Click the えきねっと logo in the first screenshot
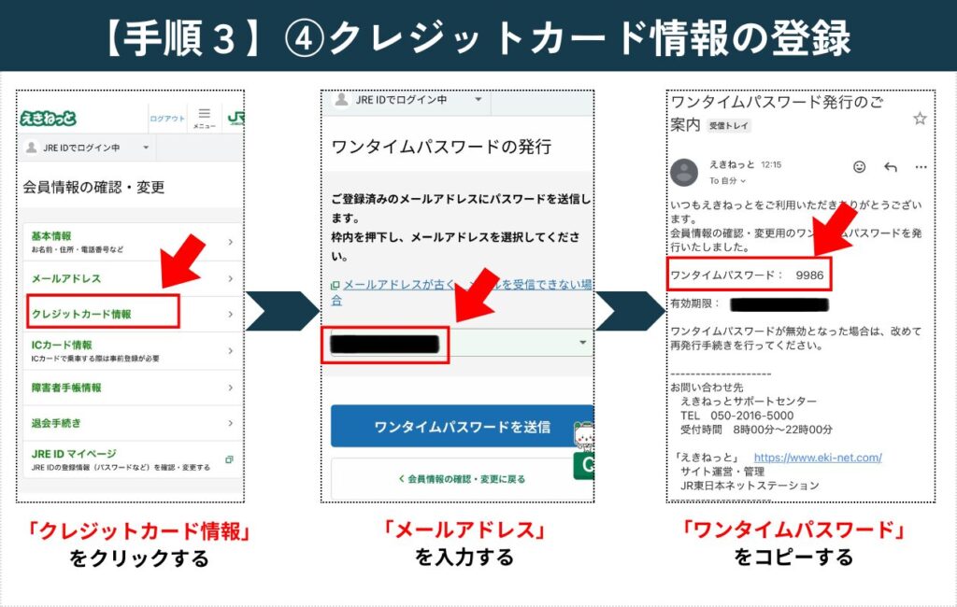point(49,118)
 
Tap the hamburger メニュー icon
point(204,116)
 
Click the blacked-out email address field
point(385,344)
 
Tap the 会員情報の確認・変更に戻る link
point(462,478)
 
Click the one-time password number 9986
point(809,275)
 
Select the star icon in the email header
point(920,119)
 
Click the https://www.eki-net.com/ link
point(817,458)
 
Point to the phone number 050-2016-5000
point(750,416)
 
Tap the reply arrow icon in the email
point(890,167)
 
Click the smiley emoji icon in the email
point(859,167)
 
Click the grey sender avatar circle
point(684,172)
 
